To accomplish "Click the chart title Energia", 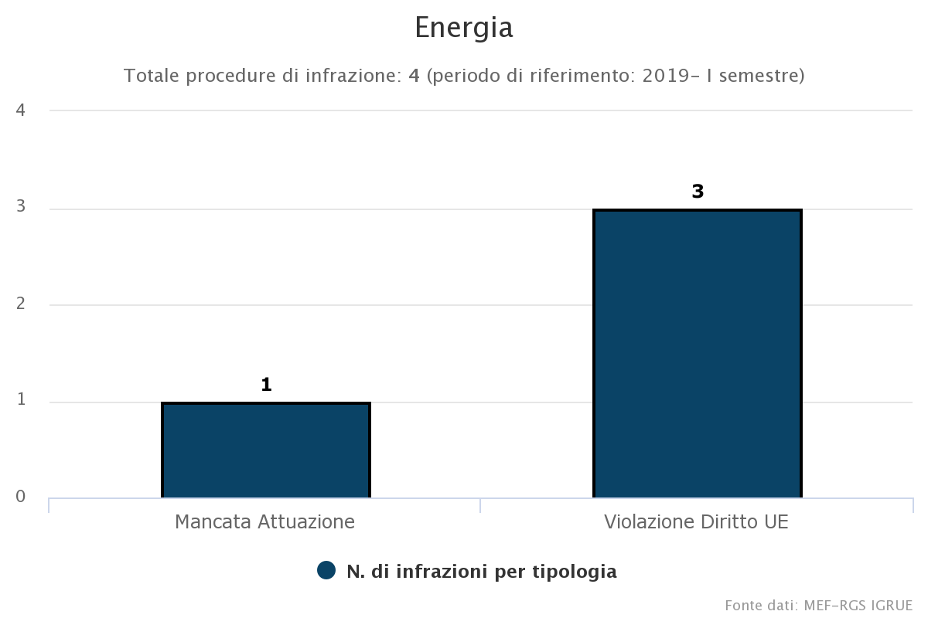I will coord(464,29).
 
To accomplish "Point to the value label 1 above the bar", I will coord(266,385).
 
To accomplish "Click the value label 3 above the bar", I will coord(698,192).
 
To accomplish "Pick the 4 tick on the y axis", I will coord(21,110).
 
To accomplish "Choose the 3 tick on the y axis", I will coord(21,207).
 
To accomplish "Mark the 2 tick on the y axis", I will coord(21,304).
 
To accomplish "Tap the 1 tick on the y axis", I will coord(21,400).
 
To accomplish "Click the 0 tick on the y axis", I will coord(21,497).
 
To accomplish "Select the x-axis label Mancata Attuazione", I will coord(264,521).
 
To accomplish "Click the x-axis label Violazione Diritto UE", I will coord(696,521).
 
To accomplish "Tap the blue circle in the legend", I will coord(326,571).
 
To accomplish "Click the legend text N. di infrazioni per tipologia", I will coord(481,572).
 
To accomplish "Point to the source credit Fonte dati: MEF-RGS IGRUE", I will coord(819,604).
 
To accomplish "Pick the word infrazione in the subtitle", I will coord(355,76).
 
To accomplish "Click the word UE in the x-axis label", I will coord(776,521).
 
